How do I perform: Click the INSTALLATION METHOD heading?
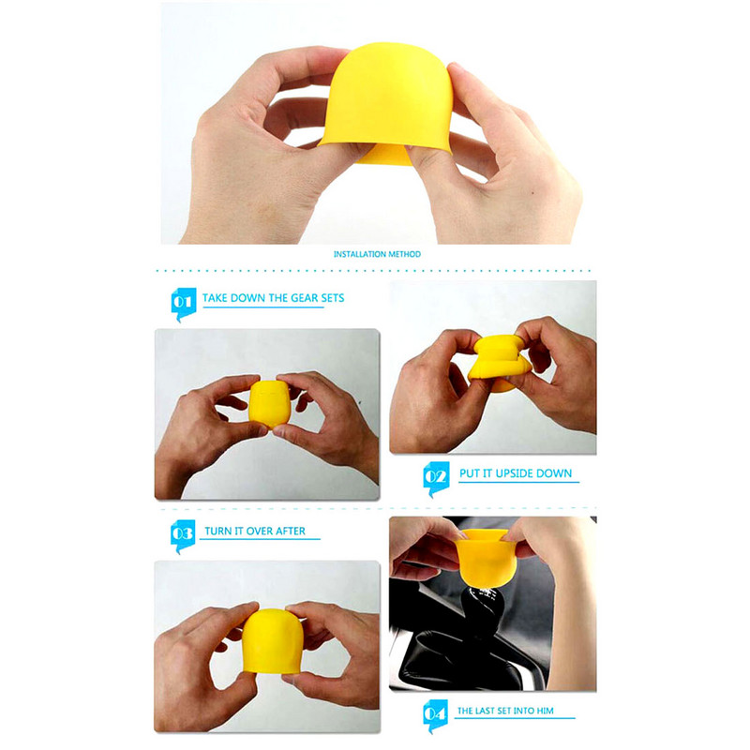click(377, 254)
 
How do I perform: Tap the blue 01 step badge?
click(183, 303)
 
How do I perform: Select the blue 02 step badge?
click(436, 478)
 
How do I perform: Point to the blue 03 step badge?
click(183, 535)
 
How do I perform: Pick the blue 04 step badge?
click(435, 715)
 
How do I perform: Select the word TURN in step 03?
click(216, 531)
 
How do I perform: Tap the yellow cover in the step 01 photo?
click(269, 403)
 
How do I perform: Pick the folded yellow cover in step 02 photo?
click(500, 363)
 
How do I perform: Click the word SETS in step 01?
click(333, 298)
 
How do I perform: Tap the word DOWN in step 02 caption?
click(557, 473)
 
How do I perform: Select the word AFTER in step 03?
click(291, 531)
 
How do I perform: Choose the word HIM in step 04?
click(545, 711)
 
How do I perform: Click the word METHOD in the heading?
click(404, 254)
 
